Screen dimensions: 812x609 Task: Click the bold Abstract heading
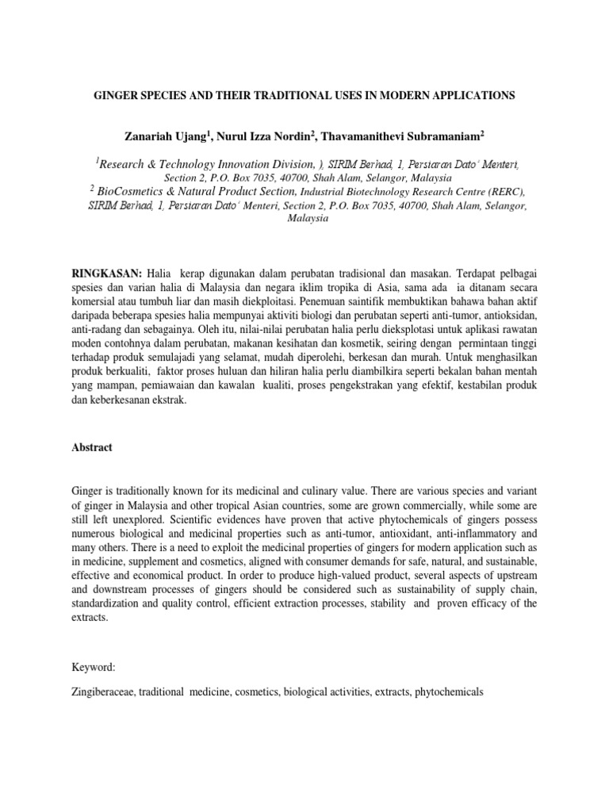[91, 447]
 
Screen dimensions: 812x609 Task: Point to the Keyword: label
[93, 668]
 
